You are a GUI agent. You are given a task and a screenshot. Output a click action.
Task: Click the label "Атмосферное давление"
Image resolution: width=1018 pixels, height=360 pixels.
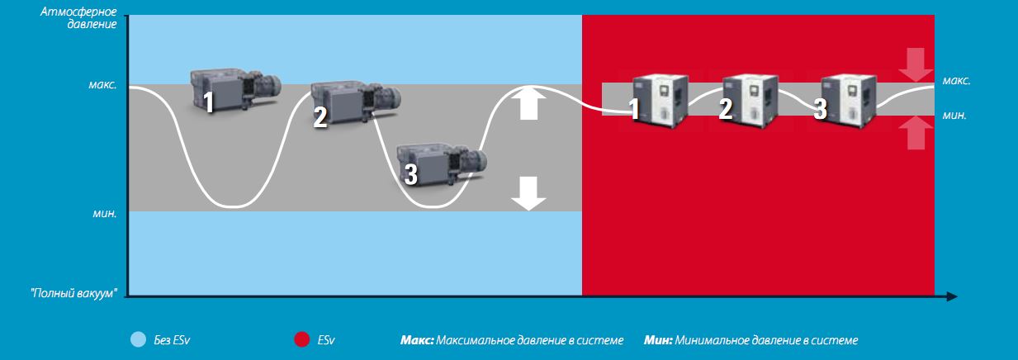78,17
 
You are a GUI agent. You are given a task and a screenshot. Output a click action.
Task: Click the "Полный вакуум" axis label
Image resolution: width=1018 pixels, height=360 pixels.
73,293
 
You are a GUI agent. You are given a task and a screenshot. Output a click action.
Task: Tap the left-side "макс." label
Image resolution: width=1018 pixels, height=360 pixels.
102,85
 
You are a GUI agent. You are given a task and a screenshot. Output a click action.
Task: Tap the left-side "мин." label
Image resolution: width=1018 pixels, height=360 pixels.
105,213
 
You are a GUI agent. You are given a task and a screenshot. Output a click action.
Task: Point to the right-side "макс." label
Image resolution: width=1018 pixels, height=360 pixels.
957,81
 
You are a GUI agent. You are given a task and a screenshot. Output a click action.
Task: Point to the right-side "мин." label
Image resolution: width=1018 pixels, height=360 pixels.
954,116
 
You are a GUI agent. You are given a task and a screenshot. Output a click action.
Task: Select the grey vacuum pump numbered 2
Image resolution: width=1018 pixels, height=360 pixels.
355,103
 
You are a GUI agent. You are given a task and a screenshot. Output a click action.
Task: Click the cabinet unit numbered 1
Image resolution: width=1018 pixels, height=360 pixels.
661,101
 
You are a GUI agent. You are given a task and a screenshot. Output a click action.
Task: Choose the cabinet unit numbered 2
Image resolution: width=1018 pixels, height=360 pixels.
750,101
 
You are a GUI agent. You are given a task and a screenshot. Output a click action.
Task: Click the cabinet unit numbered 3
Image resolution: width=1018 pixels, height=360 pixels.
848,101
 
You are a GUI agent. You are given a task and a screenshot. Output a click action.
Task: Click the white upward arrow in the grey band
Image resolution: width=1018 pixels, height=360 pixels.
528,104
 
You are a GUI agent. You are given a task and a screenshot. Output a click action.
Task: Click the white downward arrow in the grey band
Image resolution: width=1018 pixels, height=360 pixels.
528,194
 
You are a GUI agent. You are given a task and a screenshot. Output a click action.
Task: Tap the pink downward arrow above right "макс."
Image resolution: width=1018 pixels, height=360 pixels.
916,64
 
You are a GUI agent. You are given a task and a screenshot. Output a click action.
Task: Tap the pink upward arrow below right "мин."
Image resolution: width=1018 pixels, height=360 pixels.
916,133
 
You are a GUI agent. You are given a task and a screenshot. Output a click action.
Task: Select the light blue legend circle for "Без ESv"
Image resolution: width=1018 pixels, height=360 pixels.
138,339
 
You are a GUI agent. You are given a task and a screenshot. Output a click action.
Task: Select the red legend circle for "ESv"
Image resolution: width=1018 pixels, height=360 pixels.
301,339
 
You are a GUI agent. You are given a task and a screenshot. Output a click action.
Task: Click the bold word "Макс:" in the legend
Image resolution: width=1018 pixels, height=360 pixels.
417,340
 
